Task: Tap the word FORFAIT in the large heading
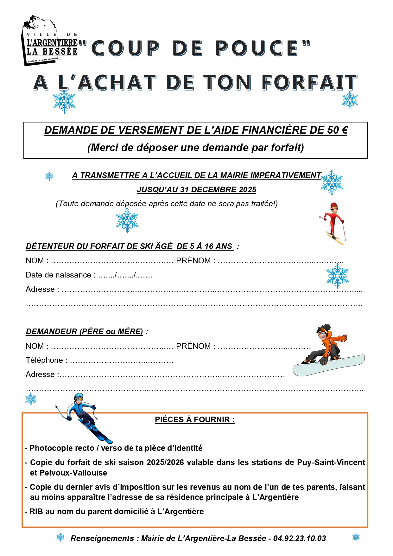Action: [309, 83]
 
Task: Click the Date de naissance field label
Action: [58, 275]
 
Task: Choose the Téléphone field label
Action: [44, 360]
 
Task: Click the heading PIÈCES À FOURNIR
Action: [194, 419]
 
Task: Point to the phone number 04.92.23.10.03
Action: [299, 539]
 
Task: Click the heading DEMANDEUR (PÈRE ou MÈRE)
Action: [84, 332]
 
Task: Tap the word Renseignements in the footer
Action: [102, 539]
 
